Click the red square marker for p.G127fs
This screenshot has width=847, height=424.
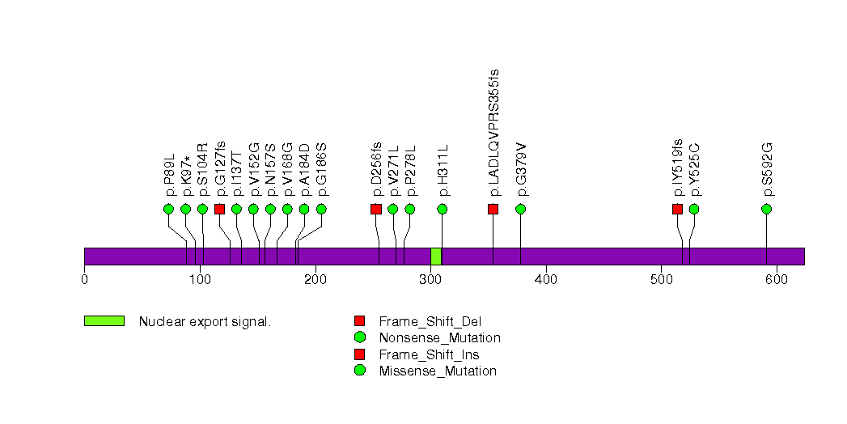(219, 209)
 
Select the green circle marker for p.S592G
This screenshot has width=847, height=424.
(766, 209)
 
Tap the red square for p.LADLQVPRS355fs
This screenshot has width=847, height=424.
(493, 209)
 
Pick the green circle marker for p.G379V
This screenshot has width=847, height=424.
(520, 209)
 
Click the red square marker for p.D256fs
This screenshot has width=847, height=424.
(376, 209)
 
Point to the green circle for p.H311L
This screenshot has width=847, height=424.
(443, 209)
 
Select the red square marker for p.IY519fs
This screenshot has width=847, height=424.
(677, 209)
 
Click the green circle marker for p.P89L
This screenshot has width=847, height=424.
(168, 209)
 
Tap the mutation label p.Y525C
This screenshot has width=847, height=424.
(694, 169)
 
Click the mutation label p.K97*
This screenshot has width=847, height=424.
(186, 172)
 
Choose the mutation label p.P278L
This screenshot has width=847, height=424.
(410, 171)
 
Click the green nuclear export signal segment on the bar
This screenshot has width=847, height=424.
(436, 256)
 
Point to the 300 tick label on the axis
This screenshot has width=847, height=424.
(430, 280)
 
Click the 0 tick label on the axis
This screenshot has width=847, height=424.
(84, 280)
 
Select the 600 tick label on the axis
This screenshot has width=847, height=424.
(777, 280)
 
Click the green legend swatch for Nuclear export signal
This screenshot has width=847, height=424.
(104, 320)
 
